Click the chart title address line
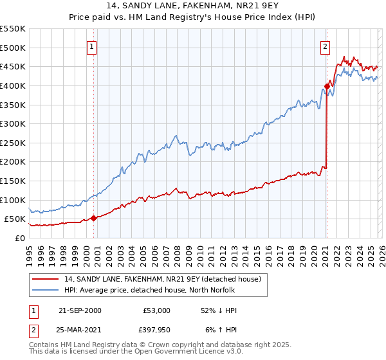pyautogui.click(x=193, y=6)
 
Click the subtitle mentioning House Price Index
pyautogui.click(x=193, y=17)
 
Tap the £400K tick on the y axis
pyautogui.click(x=13, y=85)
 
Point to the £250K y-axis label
pyautogui.click(x=13, y=143)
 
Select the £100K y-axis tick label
pyautogui.click(x=13, y=200)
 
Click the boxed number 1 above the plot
pyautogui.click(x=92, y=46)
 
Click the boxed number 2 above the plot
pyautogui.click(x=326, y=46)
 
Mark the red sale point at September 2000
pyautogui.click(x=94, y=218)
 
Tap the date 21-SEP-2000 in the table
pyautogui.click(x=80, y=310)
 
